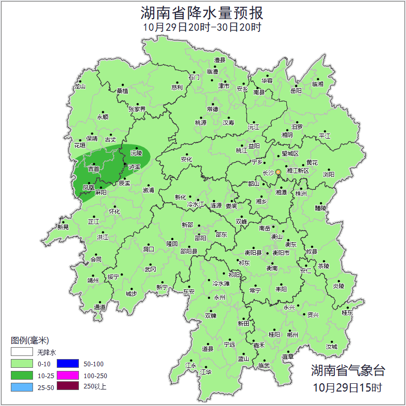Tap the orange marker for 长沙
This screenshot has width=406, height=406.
279,172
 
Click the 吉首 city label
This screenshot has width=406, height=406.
93,169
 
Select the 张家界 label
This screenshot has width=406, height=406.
137,109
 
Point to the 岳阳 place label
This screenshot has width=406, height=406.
296,91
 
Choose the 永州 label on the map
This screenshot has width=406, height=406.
220,298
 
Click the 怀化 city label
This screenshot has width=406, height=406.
115,212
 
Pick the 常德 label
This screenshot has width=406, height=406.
212,109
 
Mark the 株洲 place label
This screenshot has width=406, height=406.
301,193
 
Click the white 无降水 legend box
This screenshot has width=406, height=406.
22,352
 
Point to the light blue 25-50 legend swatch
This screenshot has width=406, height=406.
22,386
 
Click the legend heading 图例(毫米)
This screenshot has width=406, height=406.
30,340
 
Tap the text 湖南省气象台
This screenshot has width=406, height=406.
347,370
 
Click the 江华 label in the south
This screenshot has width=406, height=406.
206,371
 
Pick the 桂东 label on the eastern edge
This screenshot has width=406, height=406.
347,313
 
